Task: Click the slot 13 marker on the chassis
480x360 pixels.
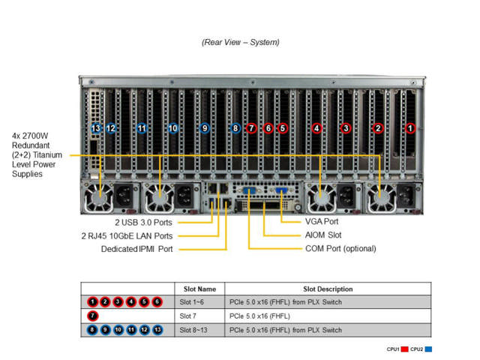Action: [95, 128]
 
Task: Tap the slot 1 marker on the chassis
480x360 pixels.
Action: [410, 128]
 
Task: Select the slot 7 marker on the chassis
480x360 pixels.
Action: [251, 128]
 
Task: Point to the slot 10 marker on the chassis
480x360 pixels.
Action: [173, 128]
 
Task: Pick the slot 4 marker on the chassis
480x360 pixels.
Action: [316, 128]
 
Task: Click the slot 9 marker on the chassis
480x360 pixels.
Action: [205, 128]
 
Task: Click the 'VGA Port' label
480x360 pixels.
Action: [322, 222]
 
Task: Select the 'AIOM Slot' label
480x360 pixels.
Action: [323, 235]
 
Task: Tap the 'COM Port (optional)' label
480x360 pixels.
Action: [340, 248]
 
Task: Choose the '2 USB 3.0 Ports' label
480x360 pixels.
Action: [143, 222]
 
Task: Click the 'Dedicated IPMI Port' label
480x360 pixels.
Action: [136, 248]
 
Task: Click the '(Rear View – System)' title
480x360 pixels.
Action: [240, 42]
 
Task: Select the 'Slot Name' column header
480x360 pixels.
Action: [199, 289]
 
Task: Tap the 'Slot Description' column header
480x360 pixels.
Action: [328, 289]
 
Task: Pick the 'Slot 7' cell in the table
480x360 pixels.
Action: [190, 315]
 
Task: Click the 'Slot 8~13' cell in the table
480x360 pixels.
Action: [195, 328]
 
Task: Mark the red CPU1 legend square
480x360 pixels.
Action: [405, 349]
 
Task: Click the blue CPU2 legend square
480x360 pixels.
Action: [428, 349]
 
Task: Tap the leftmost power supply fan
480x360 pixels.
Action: [100, 199]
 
